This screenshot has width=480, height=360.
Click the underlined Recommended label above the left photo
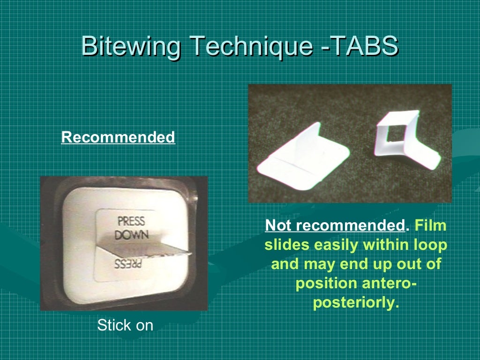(118, 138)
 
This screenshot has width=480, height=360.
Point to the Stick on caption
(125, 325)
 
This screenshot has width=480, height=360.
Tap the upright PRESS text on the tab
(131, 221)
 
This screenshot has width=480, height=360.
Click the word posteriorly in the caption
(356, 303)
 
